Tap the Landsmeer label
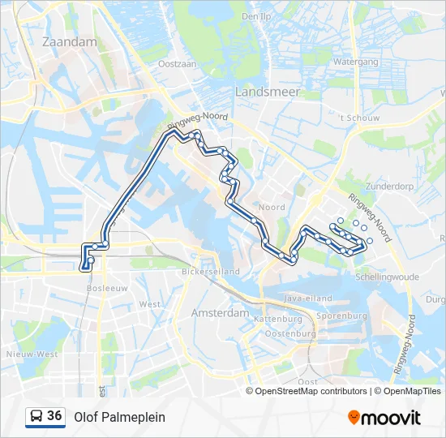(x=267, y=92)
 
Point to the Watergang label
(x=356, y=62)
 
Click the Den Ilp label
(x=255, y=15)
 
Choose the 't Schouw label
(x=359, y=118)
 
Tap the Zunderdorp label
(x=387, y=186)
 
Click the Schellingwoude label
(x=386, y=277)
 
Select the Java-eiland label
(x=304, y=298)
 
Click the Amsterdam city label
(x=220, y=312)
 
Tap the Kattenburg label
(x=277, y=320)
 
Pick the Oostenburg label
(x=289, y=333)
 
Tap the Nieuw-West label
(x=31, y=354)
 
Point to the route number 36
(x=54, y=416)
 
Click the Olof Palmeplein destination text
(x=119, y=417)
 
